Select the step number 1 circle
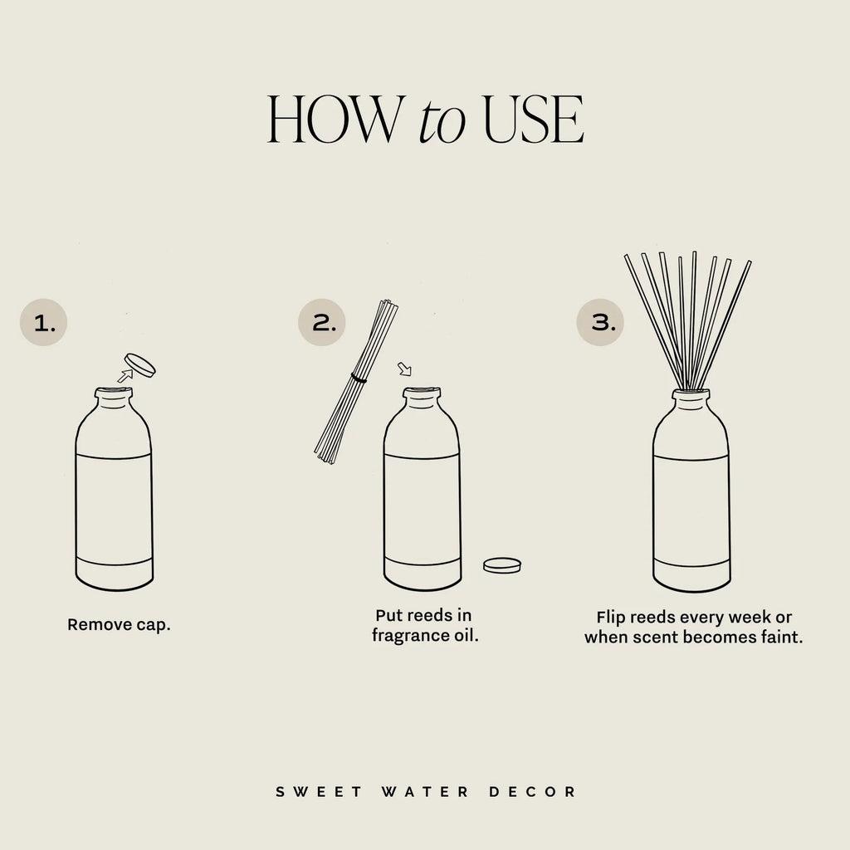(x=44, y=323)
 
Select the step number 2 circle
(x=321, y=323)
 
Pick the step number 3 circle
(x=600, y=323)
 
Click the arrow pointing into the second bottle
(x=404, y=369)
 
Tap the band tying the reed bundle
(x=358, y=378)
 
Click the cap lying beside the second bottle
(x=502, y=564)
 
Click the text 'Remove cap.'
(x=119, y=624)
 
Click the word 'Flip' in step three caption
(x=611, y=618)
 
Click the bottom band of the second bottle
(x=423, y=572)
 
